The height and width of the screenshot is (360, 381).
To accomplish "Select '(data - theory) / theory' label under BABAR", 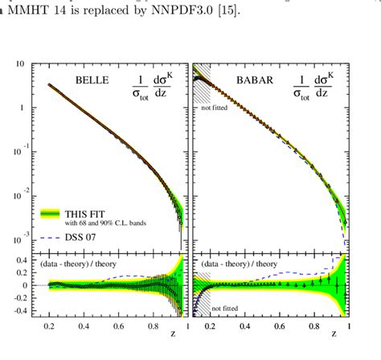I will coord(234,263).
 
